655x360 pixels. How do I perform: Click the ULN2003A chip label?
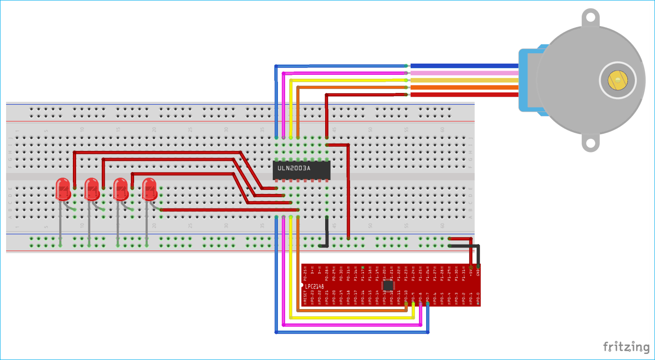coord(294,168)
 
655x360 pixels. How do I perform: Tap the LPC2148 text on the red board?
coord(315,286)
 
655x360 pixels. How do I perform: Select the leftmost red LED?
coord(63,189)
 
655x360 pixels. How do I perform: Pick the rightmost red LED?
coord(149,189)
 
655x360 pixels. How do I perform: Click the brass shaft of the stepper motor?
coord(617,81)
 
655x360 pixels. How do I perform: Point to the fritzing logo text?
coord(626,347)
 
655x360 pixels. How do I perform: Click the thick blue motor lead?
coord(463,66)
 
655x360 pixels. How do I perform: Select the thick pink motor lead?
coord(463,73)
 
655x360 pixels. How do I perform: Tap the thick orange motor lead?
coord(463,87)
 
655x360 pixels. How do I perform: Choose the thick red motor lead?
coord(463,94)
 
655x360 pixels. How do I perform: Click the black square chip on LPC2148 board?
coord(388,285)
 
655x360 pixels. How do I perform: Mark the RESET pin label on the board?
coord(305,295)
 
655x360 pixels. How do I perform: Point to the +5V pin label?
coord(470,272)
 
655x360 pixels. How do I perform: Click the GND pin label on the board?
coord(478,271)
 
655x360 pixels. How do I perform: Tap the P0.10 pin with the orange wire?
coord(406,304)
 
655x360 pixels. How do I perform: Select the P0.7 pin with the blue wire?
coord(427,304)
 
